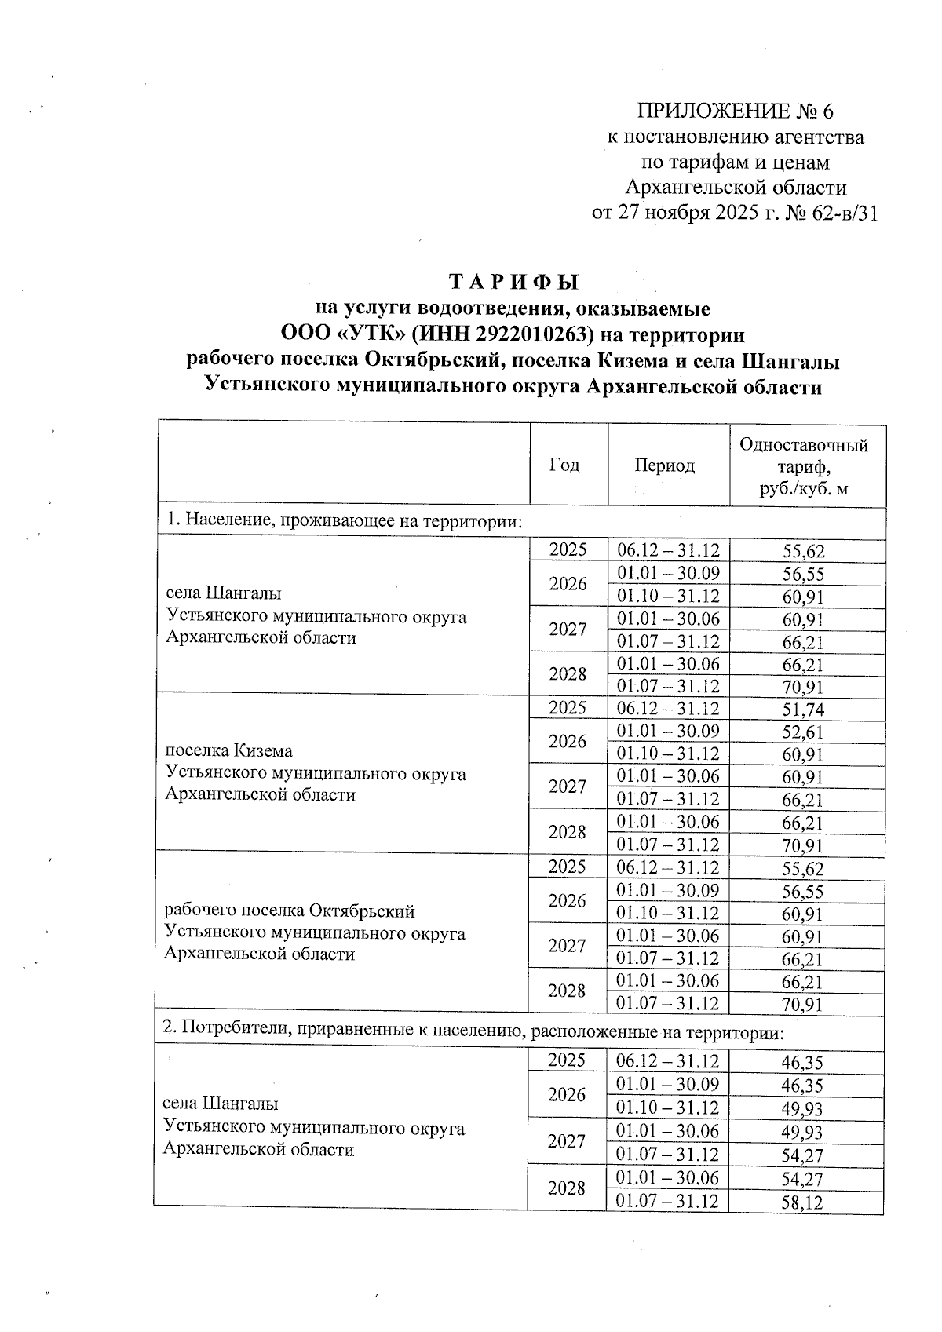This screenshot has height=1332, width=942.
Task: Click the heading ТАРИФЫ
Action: [x=513, y=281]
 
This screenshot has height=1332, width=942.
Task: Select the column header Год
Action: [x=565, y=465]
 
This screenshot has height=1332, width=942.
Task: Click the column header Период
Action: [x=665, y=466]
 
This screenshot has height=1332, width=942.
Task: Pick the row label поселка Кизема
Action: [x=229, y=751]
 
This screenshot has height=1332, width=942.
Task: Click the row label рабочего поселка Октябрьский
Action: [x=289, y=911]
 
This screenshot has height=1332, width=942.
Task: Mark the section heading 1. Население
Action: [x=343, y=521]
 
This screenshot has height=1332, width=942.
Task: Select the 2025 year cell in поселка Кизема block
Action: [x=568, y=708]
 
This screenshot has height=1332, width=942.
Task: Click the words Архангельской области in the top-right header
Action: [x=736, y=188]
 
